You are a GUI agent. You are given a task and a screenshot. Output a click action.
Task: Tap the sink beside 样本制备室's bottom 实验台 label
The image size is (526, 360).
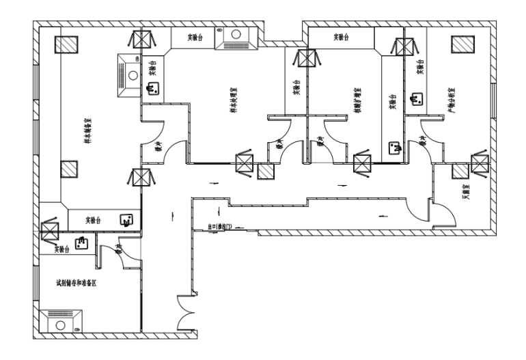(126, 219)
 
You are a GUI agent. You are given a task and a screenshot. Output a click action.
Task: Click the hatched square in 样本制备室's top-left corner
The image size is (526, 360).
(67, 44)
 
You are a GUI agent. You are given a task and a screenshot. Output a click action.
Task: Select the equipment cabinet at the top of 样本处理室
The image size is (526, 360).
(236, 38)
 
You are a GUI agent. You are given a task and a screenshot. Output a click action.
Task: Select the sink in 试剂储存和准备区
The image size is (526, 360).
(81, 242)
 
